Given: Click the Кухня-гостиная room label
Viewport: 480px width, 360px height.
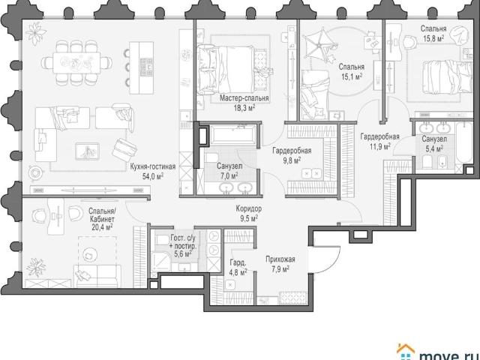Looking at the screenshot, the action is [x=153, y=166].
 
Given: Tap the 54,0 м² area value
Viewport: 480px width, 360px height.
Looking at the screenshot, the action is [x=153, y=176].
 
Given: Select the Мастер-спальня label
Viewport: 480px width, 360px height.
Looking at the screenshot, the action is [x=244, y=98].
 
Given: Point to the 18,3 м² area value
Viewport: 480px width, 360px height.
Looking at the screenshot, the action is [x=244, y=107].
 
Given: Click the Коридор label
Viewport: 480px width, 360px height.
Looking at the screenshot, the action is [x=248, y=208].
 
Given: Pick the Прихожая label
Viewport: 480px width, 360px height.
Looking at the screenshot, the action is [x=280, y=259].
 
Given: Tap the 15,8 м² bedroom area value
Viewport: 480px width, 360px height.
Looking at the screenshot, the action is [x=433, y=38].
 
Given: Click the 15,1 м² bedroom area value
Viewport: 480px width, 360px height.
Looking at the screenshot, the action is [x=352, y=76].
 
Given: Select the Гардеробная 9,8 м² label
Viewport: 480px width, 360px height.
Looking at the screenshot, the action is [x=292, y=155].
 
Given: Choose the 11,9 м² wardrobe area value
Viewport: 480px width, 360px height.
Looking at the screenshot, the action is [x=380, y=146].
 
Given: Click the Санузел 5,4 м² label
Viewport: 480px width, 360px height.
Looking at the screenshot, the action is [x=433, y=144].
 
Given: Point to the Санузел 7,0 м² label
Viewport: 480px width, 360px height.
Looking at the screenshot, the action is [x=229, y=171].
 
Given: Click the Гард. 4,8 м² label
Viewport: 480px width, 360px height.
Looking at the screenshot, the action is [x=238, y=267].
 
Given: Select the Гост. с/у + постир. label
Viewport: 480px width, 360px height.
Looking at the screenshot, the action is [x=183, y=242].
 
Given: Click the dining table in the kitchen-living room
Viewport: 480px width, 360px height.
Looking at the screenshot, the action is [x=76, y=63].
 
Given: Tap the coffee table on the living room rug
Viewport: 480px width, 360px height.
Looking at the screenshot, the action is [x=87, y=151].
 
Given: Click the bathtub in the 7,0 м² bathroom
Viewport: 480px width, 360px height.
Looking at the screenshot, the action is [x=232, y=134].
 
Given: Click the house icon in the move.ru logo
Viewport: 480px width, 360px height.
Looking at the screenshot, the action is [x=405, y=352].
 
